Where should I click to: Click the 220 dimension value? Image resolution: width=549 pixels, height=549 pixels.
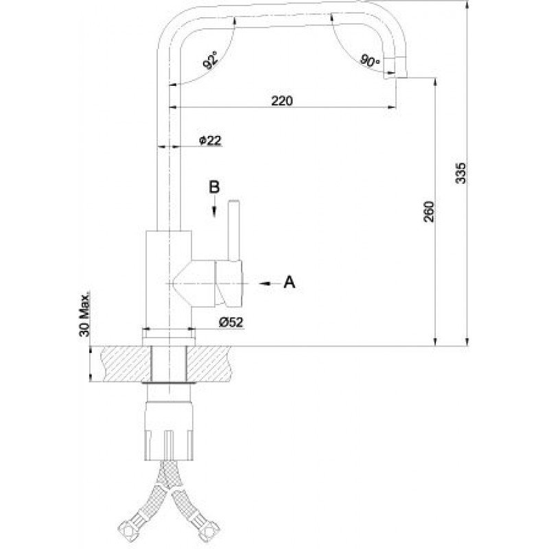click(x=282, y=101)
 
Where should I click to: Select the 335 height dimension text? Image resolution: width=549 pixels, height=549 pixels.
click(x=461, y=173)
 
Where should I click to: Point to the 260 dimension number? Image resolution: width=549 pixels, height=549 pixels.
click(x=429, y=211)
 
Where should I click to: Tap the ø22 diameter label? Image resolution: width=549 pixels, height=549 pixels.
click(x=210, y=141)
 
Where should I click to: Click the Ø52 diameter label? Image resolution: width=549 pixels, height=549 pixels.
click(x=231, y=322)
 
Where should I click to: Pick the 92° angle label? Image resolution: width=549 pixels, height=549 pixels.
click(x=211, y=60)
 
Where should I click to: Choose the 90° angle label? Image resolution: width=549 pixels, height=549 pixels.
click(x=370, y=61)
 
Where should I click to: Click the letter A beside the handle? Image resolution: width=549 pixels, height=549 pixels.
click(x=289, y=281)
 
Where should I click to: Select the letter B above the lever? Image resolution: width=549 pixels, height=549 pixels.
click(x=214, y=187)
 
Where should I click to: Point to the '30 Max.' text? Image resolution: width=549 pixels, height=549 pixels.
click(x=84, y=314)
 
